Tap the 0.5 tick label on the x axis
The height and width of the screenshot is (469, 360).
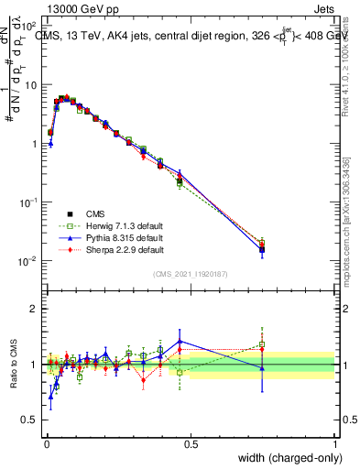tap(190, 444)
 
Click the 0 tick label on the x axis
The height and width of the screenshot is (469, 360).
tap(46, 444)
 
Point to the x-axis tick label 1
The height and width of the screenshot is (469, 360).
tap(334, 444)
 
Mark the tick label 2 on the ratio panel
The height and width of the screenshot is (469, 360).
tap(36, 309)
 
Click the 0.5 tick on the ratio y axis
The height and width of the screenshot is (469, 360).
tap(32, 420)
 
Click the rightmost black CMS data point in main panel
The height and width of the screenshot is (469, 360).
tap(262, 248)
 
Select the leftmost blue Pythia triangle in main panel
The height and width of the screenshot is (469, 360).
tap(50, 144)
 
